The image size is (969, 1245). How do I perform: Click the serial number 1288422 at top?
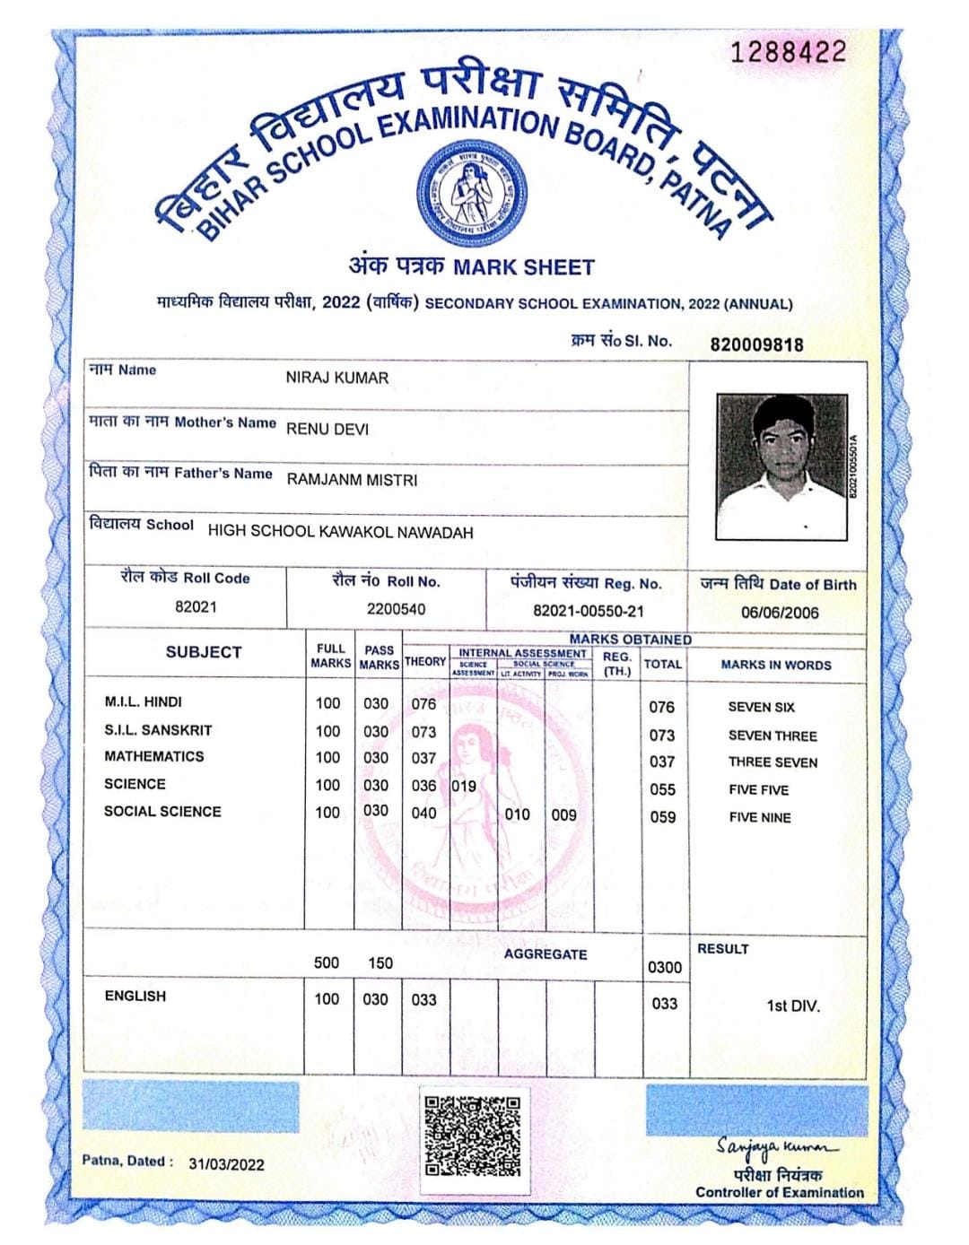[789, 52]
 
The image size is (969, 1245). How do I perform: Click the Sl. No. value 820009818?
[756, 344]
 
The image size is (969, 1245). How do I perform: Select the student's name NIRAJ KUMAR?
[336, 378]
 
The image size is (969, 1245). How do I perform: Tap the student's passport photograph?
[781, 466]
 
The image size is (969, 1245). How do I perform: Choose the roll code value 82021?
[196, 606]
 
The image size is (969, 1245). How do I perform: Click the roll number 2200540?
[396, 609]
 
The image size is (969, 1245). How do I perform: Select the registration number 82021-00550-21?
[588, 611]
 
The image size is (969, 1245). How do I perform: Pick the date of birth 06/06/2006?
[779, 613]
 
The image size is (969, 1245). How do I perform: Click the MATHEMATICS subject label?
[153, 756]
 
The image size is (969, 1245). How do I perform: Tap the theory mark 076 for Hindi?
[423, 704]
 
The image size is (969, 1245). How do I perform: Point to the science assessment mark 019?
[463, 786]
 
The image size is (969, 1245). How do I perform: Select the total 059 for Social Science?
[662, 817]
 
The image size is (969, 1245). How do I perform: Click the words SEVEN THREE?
[772, 736]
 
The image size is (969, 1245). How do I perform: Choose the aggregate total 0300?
[665, 967]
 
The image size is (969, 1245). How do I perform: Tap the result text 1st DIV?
[792, 1006]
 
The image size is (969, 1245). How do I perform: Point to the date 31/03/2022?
[226, 1164]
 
